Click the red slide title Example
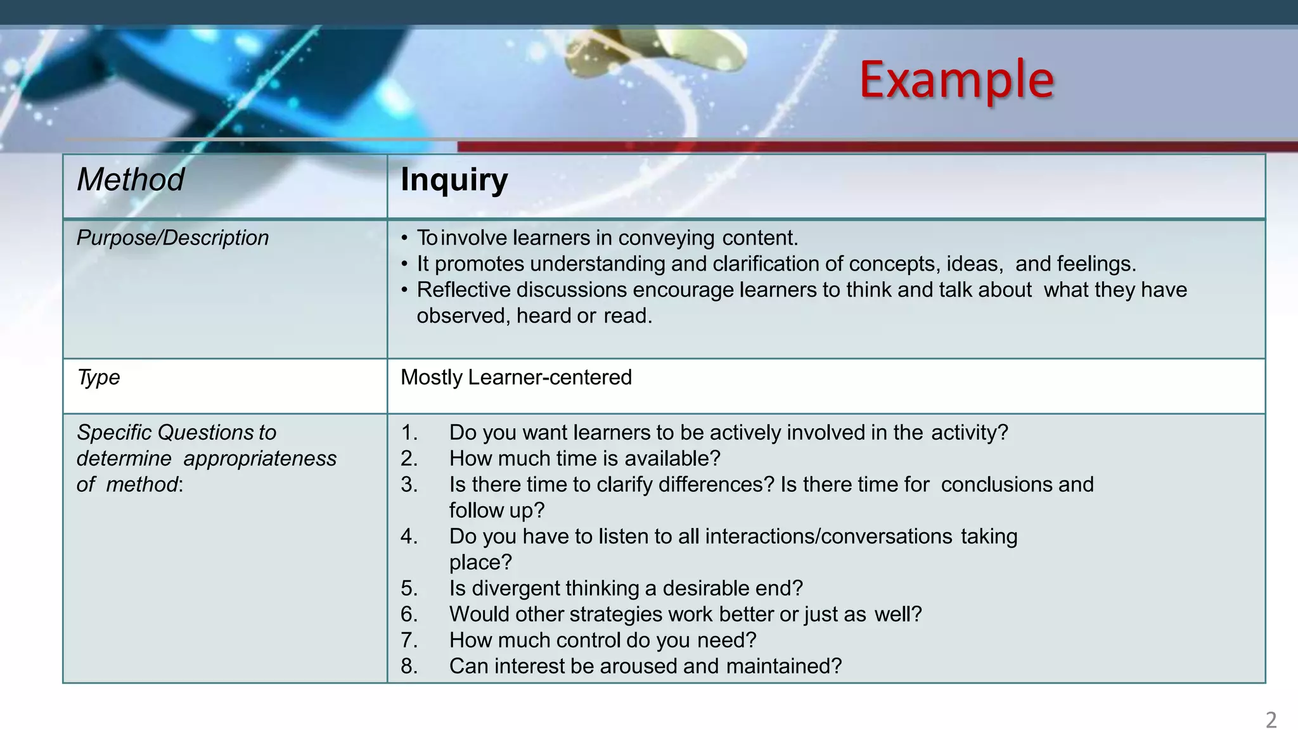click(956, 80)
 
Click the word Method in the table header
click(131, 179)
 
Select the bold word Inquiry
click(454, 180)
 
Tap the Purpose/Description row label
click(172, 238)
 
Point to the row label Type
click(98, 377)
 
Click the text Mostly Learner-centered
click(516, 377)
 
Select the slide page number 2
click(1271, 720)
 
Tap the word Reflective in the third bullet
click(463, 290)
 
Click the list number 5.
click(409, 588)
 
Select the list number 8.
click(409, 666)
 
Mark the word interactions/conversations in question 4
click(828, 536)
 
